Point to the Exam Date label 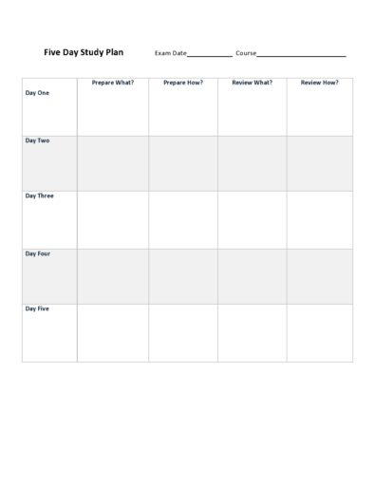tap(171, 54)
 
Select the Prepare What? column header tap(113, 83)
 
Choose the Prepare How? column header tap(183, 83)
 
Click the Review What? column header tap(252, 83)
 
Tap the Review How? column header tap(320, 83)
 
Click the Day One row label tap(37, 93)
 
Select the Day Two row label tap(37, 140)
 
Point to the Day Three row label tap(39, 196)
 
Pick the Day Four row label tap(37, 253)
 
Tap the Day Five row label tap(37, 308)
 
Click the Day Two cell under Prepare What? tap(113, 163)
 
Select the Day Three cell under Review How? tap(320, 219)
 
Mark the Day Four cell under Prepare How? tap(183, 276)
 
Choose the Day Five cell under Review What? tap(252, 332)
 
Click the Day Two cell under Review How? tap(320, 163)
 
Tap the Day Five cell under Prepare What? tap(113, 332)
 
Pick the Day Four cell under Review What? tap(252, 276)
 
